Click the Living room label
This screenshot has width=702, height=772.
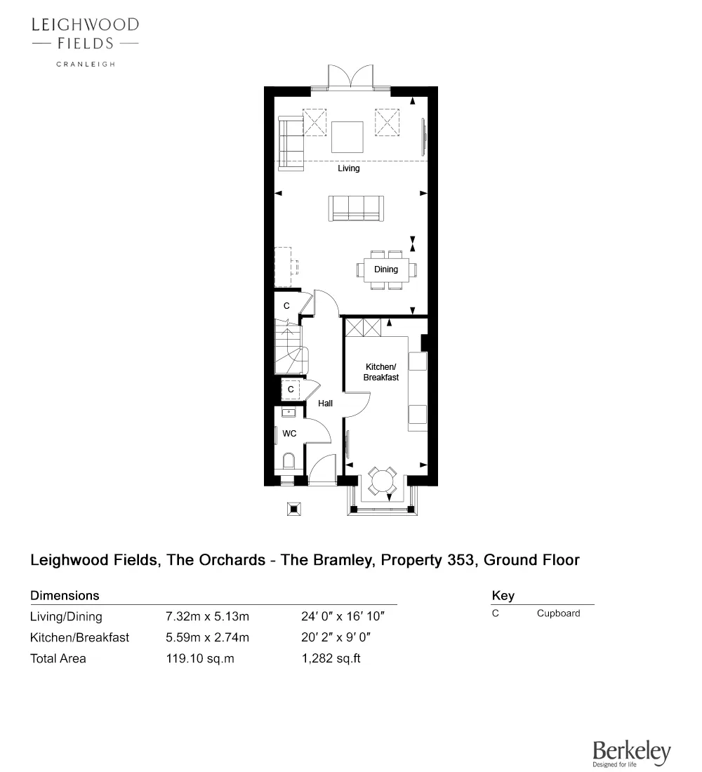pyautogui.click(x=348, y=168)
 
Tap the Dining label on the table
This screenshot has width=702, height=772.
pyautogui.click(x=386, y=269)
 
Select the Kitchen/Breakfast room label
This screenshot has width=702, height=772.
pyautogui.click(x=380, y=372)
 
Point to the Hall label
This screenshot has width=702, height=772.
pyautogui.click(x=325, y=404)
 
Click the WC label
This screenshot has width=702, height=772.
pyautogui.click(x=289, y=434)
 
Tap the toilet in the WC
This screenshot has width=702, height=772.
pyautogui.click(x=288, y=462)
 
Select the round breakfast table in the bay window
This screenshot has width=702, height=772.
pyautogui.click(x=383, y=481)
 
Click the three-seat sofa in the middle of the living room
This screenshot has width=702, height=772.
pyautogui.click(x=356, y=208)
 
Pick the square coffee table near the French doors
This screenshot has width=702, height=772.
pyautogui.click(x=347, y=137)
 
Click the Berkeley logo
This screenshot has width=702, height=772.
pyautogui.click(x=631, y=754)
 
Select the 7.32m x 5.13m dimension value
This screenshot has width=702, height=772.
pyautogui.click(x=207, y=618)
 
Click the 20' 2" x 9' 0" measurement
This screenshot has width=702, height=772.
pyautogui.click(x=335, y=638)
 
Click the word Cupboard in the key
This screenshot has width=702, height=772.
pyautogui.click(x=558, y=613)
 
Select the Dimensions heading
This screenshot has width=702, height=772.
pyautogui.click(x=65, y=596)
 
